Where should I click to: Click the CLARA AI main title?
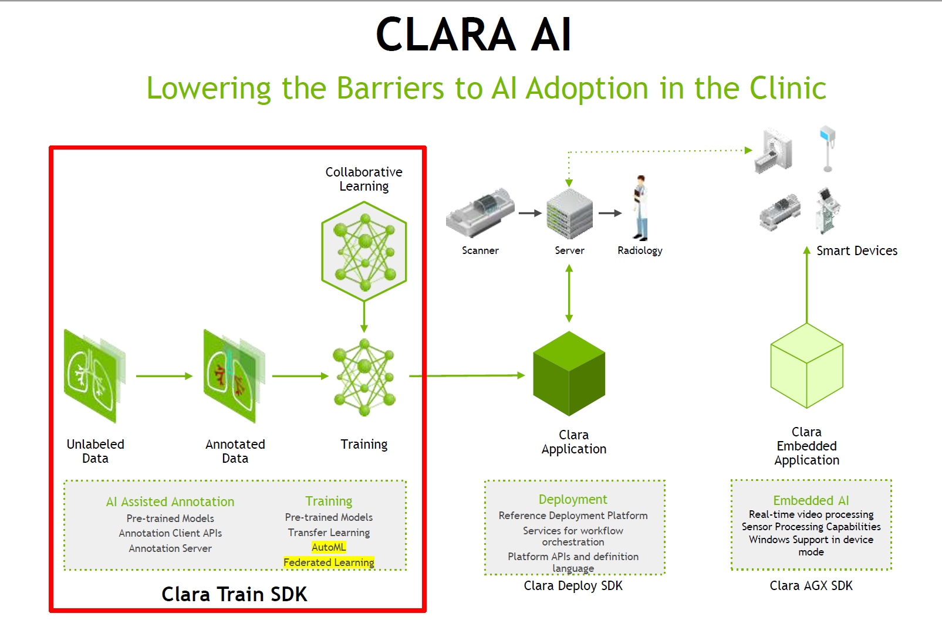473,35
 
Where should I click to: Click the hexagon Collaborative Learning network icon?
364,251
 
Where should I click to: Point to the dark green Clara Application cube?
569,374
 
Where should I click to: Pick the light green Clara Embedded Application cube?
806,366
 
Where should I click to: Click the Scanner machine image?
480,212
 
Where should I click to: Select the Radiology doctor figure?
640,208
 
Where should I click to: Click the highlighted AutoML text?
329,547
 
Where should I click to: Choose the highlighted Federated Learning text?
329,562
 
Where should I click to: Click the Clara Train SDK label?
234,594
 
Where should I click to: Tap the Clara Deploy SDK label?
573,585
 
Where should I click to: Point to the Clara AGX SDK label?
811,585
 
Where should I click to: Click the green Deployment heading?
573,500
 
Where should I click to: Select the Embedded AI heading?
811,500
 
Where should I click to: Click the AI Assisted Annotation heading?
170,502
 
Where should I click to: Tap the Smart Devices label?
857,251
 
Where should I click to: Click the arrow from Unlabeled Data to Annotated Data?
164,376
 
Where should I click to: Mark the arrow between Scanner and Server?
530,213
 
